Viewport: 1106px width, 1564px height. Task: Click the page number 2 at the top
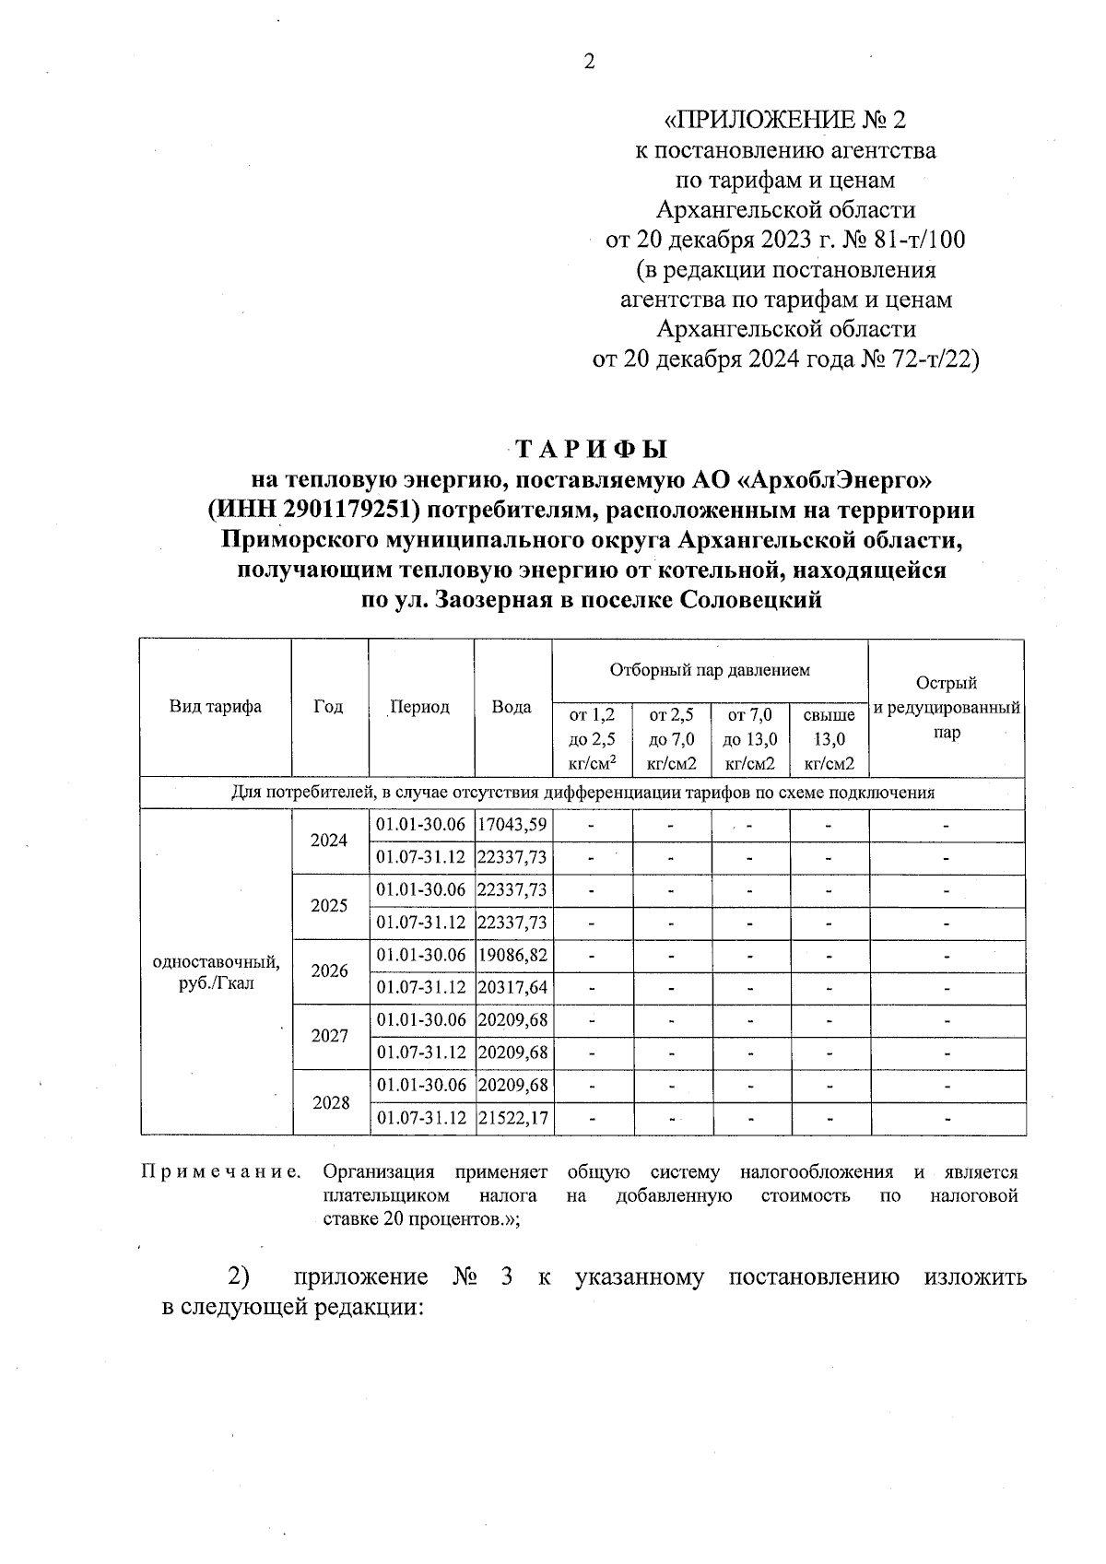click(x=590, y=62)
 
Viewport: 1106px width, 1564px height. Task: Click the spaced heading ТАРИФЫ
click(x=590, y=450)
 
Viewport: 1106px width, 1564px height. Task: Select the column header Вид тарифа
click(x=215, y=707)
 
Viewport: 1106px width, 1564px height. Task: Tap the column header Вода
click(x=512, y=707)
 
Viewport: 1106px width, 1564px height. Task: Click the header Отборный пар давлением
click(x=710, y=670)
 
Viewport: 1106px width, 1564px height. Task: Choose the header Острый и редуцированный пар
click(x=947, y=708)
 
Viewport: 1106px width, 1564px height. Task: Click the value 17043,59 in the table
click(x=512, y=825)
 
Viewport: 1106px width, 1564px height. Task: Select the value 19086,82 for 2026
click(x=512, y=955)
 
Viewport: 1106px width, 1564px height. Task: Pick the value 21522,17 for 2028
click(x=512, y=1118)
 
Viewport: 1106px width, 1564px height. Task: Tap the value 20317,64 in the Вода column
click(x=512, y=988)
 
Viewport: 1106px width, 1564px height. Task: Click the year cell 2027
click(x=329, y=1036)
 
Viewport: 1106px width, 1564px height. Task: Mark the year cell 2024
click(x=329, y=841)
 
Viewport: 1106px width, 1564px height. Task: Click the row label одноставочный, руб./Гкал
click(x=216, y=972)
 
